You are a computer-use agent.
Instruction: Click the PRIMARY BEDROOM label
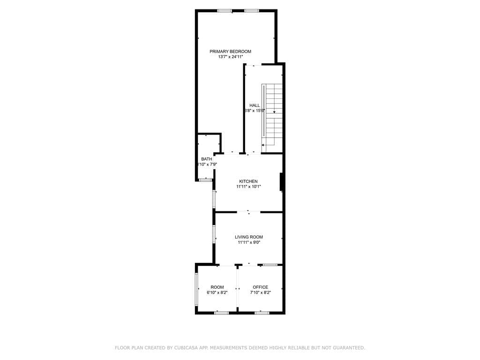click(230, 52)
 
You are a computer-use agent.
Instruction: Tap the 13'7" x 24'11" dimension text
click(230, 57)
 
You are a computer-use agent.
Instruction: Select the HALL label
click(255, 105)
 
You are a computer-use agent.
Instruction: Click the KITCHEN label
click(248, 181)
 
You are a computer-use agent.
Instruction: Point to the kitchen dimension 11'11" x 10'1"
click(248, 187)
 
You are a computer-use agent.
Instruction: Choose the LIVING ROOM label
click(249, 237)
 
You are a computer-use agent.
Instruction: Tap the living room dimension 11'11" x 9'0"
click(249, 243)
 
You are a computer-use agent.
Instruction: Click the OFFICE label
click(260, 287)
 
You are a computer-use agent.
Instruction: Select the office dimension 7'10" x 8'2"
click(260, 292)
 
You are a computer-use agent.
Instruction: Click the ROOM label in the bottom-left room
click(217, 287)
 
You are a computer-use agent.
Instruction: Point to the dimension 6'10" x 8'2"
click(217, 292)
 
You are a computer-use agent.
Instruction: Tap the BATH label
click(206, 159)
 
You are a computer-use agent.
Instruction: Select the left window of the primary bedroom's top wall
click(224, 10)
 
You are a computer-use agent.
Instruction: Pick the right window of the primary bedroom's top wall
click(251, 10)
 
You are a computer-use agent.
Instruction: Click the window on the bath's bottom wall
click(205, 180)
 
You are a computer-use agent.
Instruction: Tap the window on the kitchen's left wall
click(214, 199)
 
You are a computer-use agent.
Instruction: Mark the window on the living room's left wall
click(214, 234)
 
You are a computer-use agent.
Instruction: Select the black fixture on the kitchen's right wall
click(282, 182)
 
